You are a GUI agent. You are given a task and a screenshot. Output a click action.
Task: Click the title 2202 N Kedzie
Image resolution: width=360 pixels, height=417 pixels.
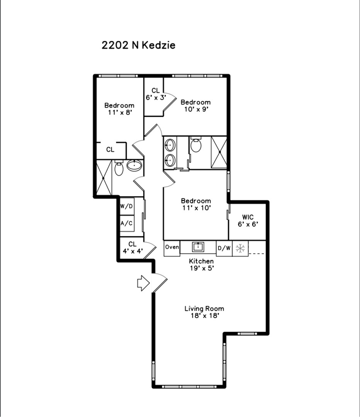click(x=138, y=45)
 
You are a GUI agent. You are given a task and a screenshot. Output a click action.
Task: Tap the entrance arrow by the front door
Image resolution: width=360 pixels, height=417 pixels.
click(x=143, y=283)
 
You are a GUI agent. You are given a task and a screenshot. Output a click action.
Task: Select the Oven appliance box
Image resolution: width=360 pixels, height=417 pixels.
click(x=172, y=248)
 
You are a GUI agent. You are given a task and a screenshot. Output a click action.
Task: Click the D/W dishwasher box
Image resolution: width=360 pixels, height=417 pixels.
click(x=224, y=248)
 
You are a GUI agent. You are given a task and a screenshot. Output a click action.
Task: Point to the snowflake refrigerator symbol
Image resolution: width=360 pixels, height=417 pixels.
click(x=240, y=249)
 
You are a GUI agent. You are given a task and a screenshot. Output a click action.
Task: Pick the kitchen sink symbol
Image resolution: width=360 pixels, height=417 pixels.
click(x=198, y=247)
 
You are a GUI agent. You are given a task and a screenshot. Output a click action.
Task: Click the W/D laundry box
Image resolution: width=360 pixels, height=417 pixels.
click(x=127, y=206)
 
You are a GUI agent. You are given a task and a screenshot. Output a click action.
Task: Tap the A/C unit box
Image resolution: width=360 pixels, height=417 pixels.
click(x=127, y=224)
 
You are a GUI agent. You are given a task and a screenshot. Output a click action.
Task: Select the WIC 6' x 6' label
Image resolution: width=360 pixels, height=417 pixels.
click(x=248, y=221)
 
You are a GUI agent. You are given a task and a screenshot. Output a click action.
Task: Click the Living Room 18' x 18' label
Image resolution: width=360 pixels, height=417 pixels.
click(x=204, y=312)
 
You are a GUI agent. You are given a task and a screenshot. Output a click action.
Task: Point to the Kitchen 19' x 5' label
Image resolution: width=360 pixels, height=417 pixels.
click(x=201, y=264)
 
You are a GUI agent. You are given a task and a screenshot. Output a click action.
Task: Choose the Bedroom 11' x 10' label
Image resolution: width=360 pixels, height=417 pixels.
click(x=196, y=204)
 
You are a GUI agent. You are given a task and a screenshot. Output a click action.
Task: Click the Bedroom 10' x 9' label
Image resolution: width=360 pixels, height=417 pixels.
click(x=195, y=105)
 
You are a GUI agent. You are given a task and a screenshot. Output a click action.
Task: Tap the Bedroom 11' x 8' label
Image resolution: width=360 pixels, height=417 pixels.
click(x=119, y=109)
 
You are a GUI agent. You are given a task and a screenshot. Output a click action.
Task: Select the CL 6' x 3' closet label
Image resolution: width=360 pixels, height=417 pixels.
click(x=156, y=94)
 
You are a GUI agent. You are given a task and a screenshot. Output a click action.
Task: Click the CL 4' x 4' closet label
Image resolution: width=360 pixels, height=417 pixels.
click(x=132, y=247)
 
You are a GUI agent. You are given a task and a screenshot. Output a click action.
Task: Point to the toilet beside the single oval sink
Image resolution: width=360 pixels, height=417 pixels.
click(x=119, y=168)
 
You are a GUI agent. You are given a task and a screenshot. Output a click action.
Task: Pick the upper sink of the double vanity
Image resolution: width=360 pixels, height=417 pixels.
click(x=170, y=145)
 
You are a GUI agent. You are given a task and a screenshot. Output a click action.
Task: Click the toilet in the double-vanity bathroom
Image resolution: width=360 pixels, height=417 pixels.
click(x=196, y=144)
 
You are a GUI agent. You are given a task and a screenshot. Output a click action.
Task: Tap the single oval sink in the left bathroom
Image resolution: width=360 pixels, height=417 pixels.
click(x=134, y=165)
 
